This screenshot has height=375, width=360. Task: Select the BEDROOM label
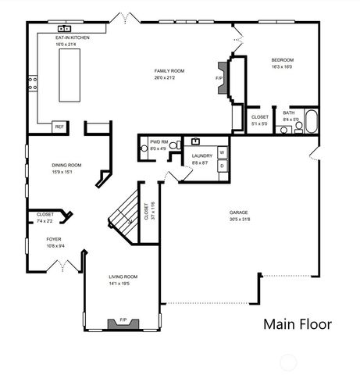click(x=282, y=60)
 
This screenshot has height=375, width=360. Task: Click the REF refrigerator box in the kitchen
click(x=59, y=126)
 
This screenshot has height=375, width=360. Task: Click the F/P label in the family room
click(x=219, y=80)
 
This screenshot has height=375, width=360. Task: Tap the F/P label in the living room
click(x=123, y=320)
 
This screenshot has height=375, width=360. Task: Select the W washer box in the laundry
click(x=222, y=152)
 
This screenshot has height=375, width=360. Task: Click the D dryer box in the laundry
click(x=222, y=166)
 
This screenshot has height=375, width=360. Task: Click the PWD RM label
click(x=159, y=142)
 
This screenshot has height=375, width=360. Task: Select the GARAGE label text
click(x=238, y=212)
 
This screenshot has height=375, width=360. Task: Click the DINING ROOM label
click(x=64, y=166)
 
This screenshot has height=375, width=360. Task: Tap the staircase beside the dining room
click(x=123, y=212)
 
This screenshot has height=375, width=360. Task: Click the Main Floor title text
click(x=297, y=323)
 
